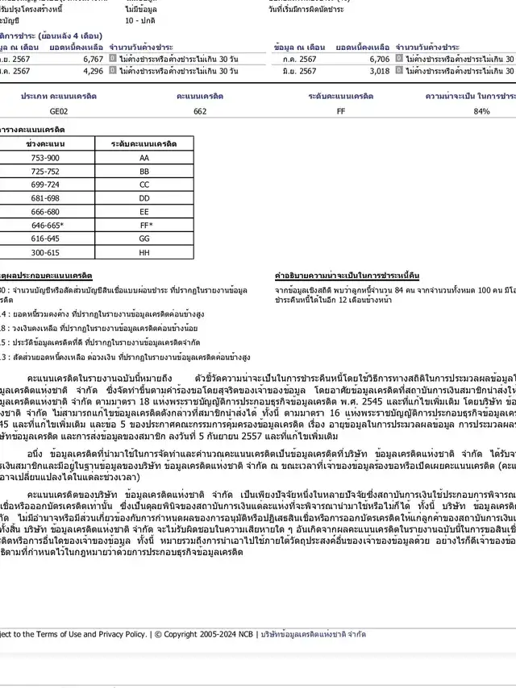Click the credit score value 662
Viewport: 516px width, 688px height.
(200, 111)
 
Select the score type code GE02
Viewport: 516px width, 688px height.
(59, 111)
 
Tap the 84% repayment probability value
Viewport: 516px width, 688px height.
(481, 111)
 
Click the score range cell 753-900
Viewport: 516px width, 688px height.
(45, 158)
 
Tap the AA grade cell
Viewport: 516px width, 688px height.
(144, 158)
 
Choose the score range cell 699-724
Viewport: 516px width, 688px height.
(45, 184)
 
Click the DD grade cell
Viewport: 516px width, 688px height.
(144, 198)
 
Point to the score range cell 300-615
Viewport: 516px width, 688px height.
(45, 252)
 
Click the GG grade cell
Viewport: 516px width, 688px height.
(144, 238)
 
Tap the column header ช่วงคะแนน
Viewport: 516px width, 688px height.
(45, 143)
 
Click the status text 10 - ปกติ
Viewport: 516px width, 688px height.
(140, 19)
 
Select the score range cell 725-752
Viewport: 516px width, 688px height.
(45, 172)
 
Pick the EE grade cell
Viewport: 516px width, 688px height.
(144, 211)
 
